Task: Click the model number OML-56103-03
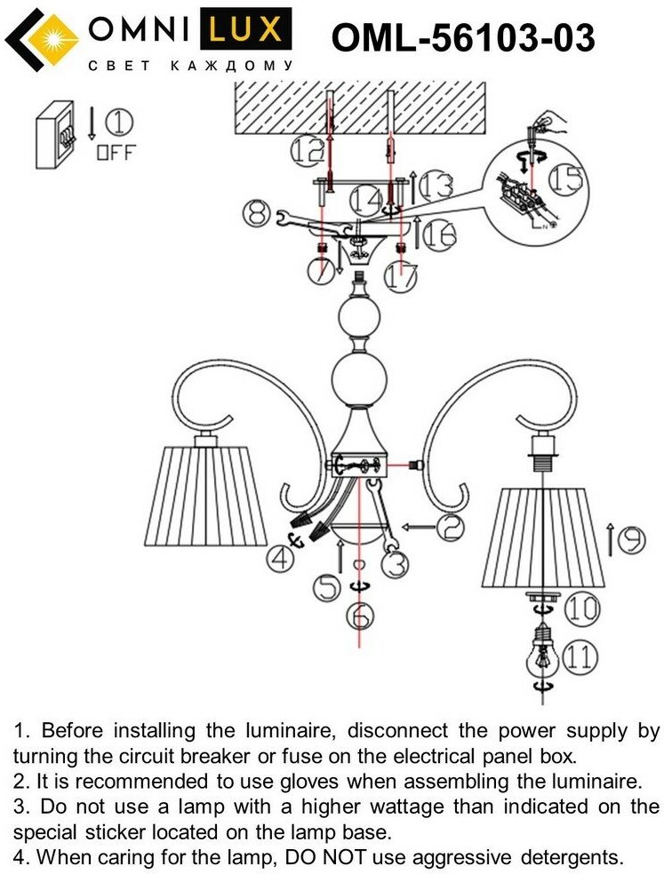pos(462,38)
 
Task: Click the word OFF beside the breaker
pos(116,152)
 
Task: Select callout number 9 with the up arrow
pos(630,539)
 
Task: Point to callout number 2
pos(451,528)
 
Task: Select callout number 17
pos(402,275)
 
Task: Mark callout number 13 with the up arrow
pos(438,187)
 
